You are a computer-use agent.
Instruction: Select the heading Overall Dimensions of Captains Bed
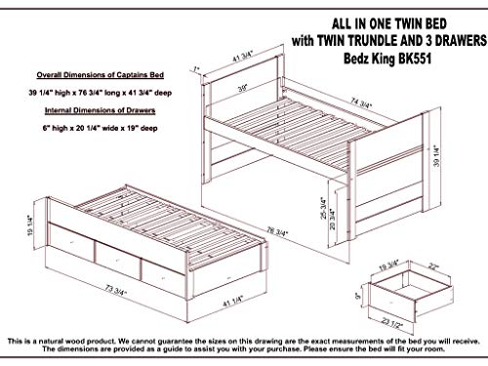[x=94, y=74]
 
